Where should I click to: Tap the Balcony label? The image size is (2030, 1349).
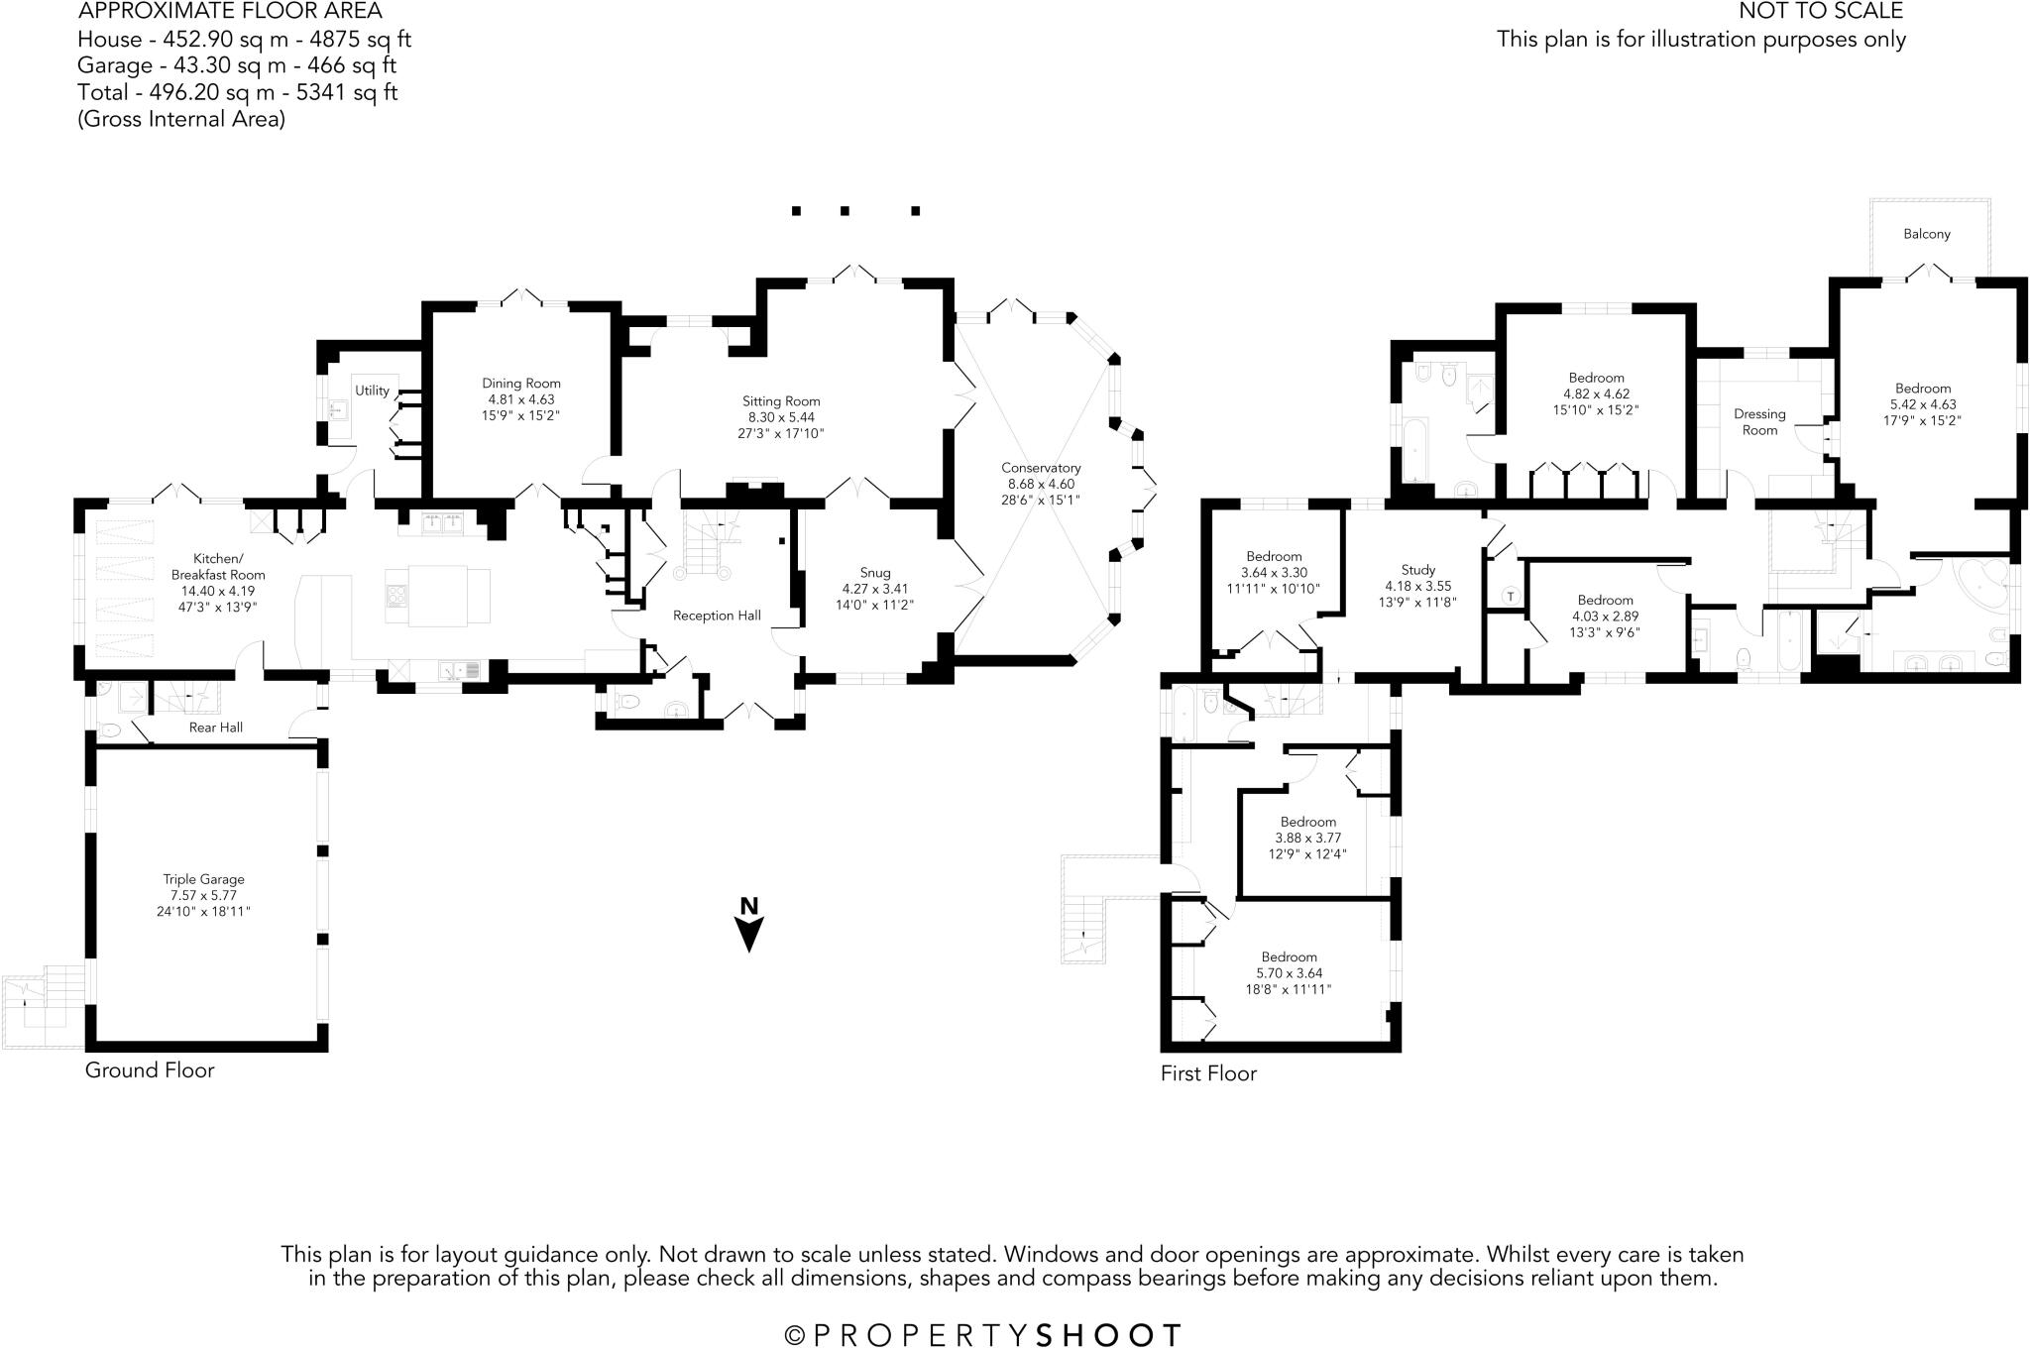click(1926, 234)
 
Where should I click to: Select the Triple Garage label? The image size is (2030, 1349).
click(203, 879)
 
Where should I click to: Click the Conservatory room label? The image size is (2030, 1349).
click(1041, 468)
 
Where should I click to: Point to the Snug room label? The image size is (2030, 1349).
click(874, 573)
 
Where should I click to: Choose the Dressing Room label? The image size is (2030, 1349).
click(1759, 422)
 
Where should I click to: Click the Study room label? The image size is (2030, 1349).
click(1417, 570)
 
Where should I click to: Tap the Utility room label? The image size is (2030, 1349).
click(372, 391)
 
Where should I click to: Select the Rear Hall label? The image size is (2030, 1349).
click(215, 728)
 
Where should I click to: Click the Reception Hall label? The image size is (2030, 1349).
click(717, 616)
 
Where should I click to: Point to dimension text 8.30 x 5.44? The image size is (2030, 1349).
click(781, 417)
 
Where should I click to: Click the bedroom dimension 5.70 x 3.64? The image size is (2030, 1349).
click(1289, 973)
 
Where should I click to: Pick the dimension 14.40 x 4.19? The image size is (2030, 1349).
click(217, 591)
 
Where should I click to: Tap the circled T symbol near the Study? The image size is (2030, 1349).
click(1510, 596)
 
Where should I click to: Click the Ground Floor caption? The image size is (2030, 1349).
click(149, 1069)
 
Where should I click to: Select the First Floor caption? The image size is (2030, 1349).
click(1208, 1073)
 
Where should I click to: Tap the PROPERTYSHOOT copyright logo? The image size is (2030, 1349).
click(983, 1335)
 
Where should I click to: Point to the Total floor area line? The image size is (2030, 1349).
click(238, 92)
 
